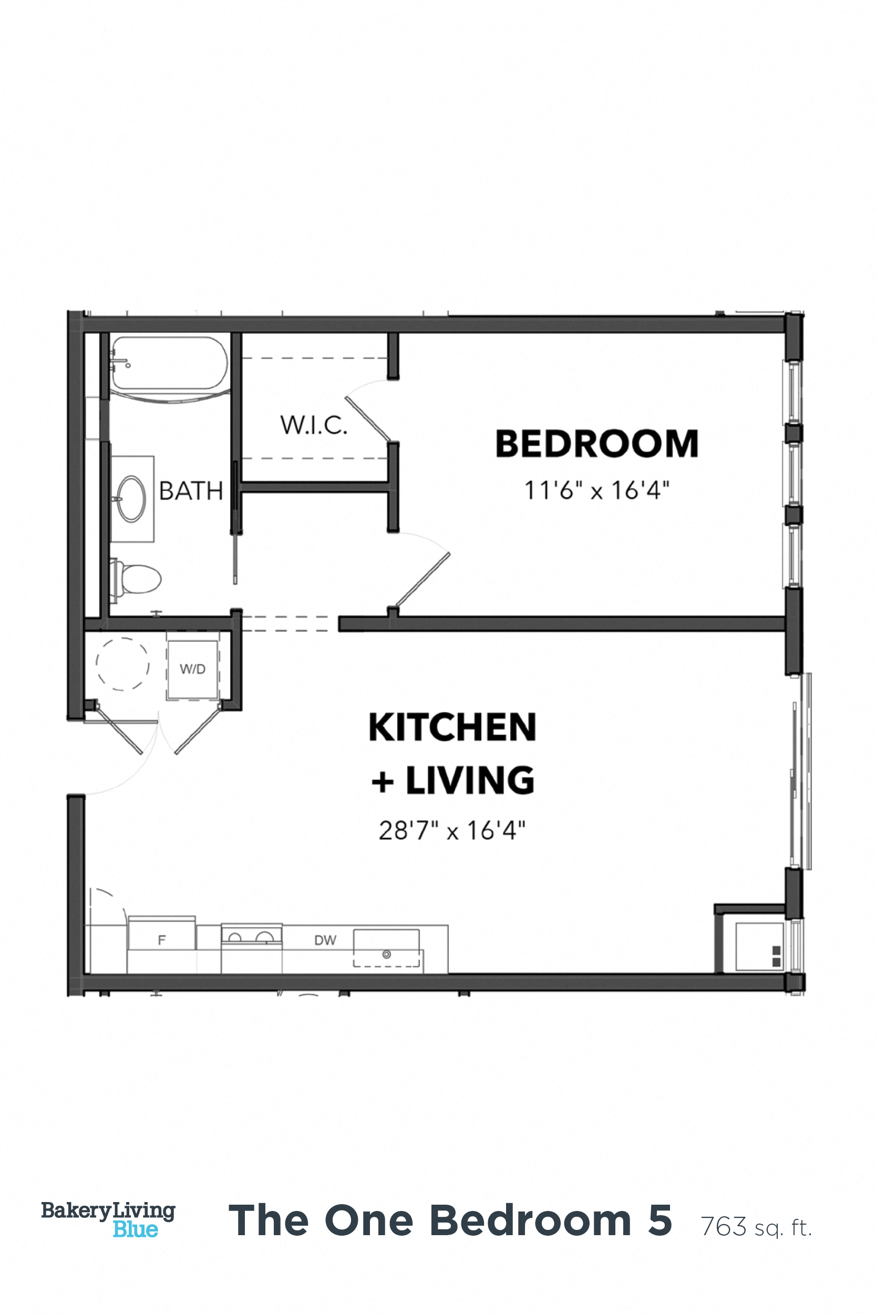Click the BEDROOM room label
596,444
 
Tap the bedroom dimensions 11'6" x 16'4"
596,490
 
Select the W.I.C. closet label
313,425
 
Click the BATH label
191,491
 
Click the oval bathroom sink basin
133,499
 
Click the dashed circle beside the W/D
122,664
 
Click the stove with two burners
251,935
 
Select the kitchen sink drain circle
386,954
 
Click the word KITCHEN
452,728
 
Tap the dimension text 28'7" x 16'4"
452,831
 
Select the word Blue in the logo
135,1229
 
